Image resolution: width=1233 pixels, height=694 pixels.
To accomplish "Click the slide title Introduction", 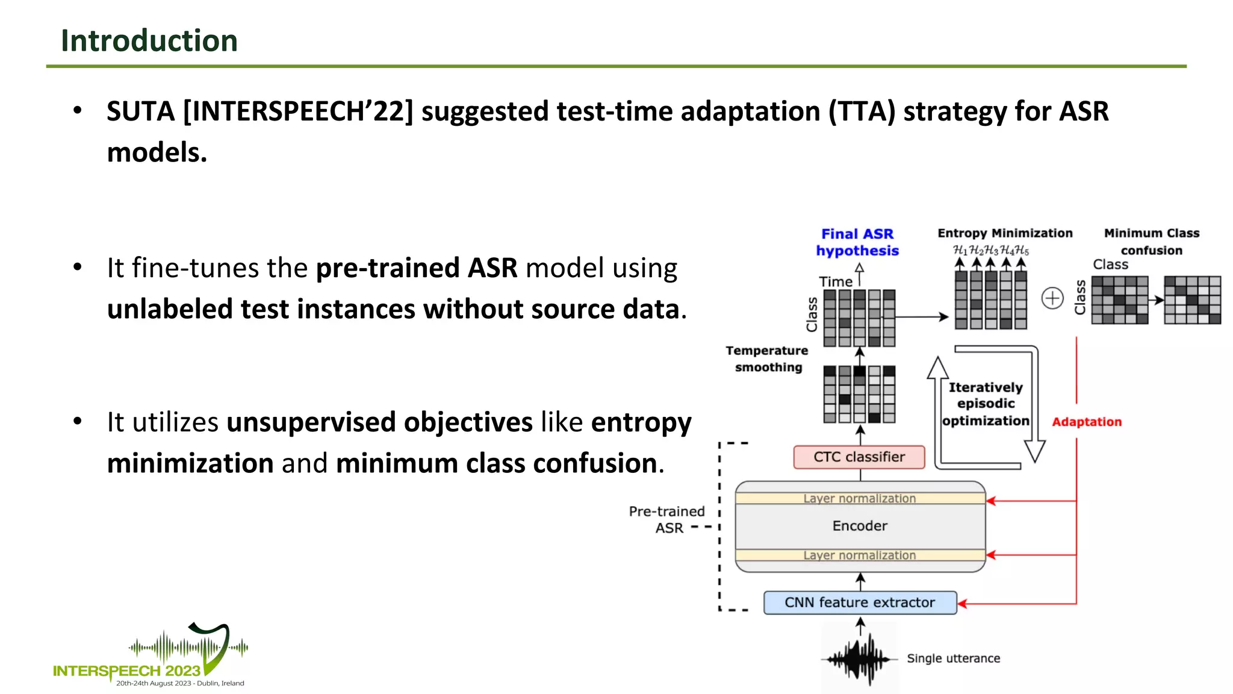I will [149, 41].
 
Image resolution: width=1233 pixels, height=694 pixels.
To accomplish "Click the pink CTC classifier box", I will [859, 457].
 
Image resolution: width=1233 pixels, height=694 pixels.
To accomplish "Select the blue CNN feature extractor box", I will [860, 602].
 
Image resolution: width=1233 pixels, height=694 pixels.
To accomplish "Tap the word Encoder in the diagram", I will [860, 526].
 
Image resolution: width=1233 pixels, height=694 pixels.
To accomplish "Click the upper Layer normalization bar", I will [860, 499].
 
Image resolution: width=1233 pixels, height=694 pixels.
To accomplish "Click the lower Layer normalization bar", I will [860, 555].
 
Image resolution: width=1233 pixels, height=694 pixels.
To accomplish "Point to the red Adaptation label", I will [1087, 422].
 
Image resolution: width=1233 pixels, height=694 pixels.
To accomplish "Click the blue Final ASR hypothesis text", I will [857, 242].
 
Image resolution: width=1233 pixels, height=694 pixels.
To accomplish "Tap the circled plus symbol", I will [1052, 298].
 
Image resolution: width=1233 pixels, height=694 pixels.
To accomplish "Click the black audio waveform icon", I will [860, 659].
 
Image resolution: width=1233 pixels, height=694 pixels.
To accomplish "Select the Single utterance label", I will [953, 658].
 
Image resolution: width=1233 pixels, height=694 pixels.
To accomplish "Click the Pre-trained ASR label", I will [667, 519].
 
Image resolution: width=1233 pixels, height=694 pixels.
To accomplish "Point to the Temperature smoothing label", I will [767, 359].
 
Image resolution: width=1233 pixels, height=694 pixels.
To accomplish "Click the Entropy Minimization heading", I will [1005, 233].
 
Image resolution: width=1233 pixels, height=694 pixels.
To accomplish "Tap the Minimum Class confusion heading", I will [1151, 241].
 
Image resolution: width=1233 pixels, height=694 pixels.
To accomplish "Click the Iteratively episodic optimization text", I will [986, 404].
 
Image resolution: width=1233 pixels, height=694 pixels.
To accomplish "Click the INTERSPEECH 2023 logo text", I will [126, 671].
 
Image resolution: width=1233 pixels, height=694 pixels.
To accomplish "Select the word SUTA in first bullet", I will [140, 111].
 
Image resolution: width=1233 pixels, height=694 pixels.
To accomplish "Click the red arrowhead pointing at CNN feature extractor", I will [962, 603].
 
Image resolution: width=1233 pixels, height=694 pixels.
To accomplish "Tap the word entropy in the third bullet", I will [641, 422].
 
